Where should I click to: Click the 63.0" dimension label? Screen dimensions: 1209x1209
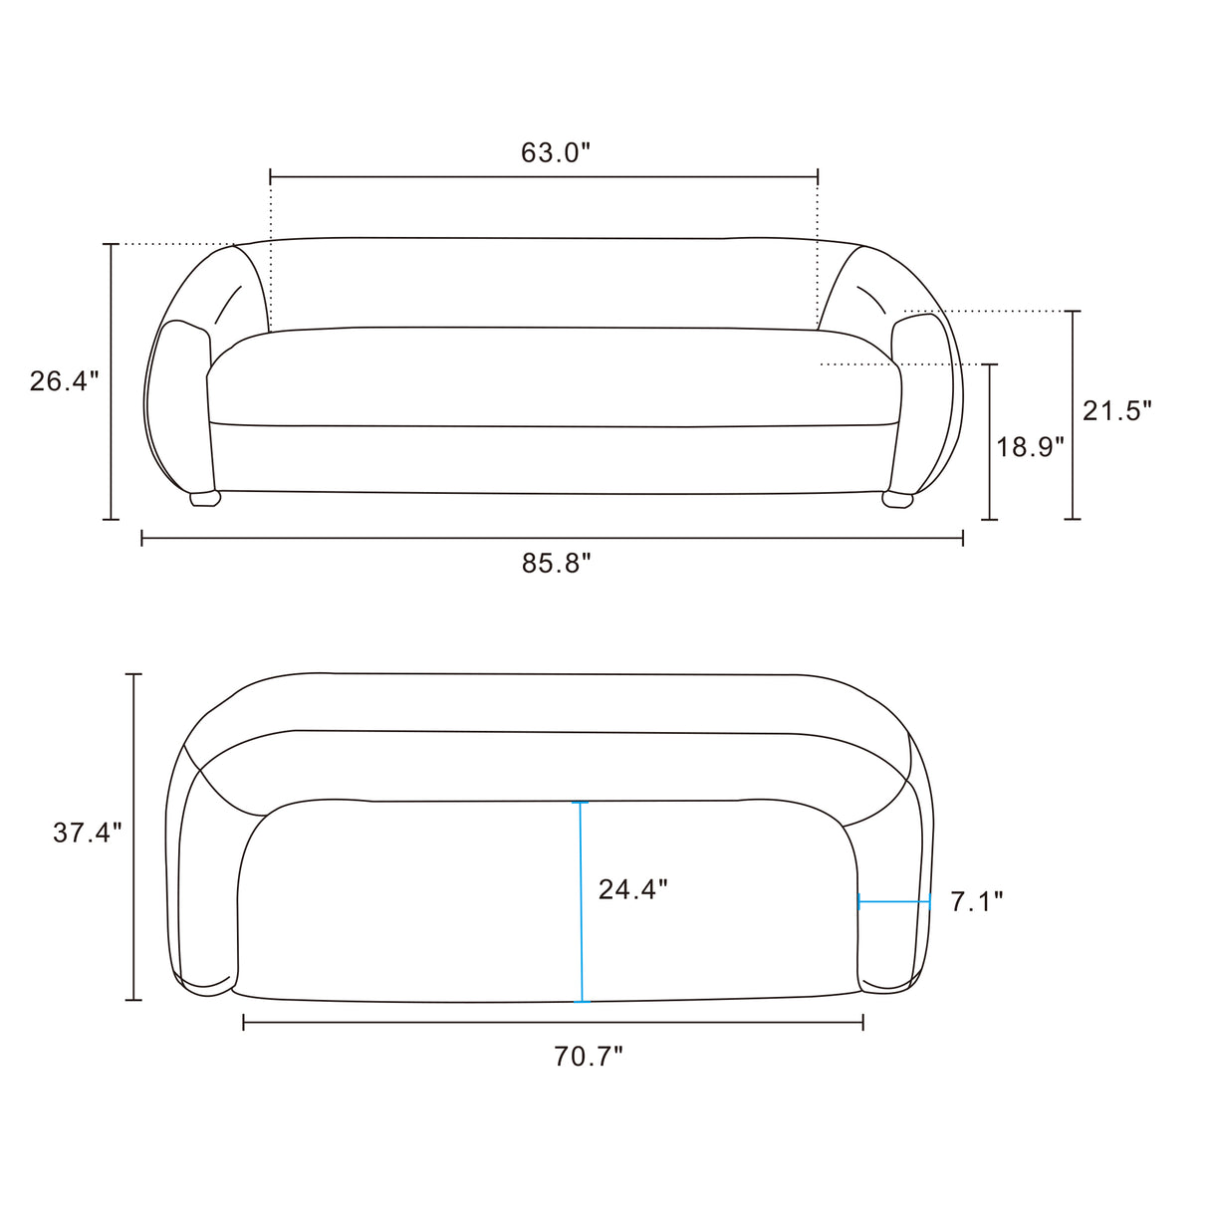click(x=556, y=153)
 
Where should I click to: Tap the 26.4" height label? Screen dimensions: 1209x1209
click(x=65, y=381)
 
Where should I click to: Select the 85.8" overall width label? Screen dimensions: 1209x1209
click(x=557, y=564)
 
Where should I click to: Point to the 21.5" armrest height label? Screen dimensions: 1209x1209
click(x=1117, y=411)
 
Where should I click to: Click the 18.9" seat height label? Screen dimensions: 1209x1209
click(x=1031, y=447)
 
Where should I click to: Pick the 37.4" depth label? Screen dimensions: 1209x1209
click(x=88, y=833)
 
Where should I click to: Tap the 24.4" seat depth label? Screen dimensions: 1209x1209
click(x=633, y=889)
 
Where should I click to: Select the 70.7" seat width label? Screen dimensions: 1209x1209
click(x=589, y=1057)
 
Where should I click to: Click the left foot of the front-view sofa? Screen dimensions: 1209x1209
click(x=205, y=499)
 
